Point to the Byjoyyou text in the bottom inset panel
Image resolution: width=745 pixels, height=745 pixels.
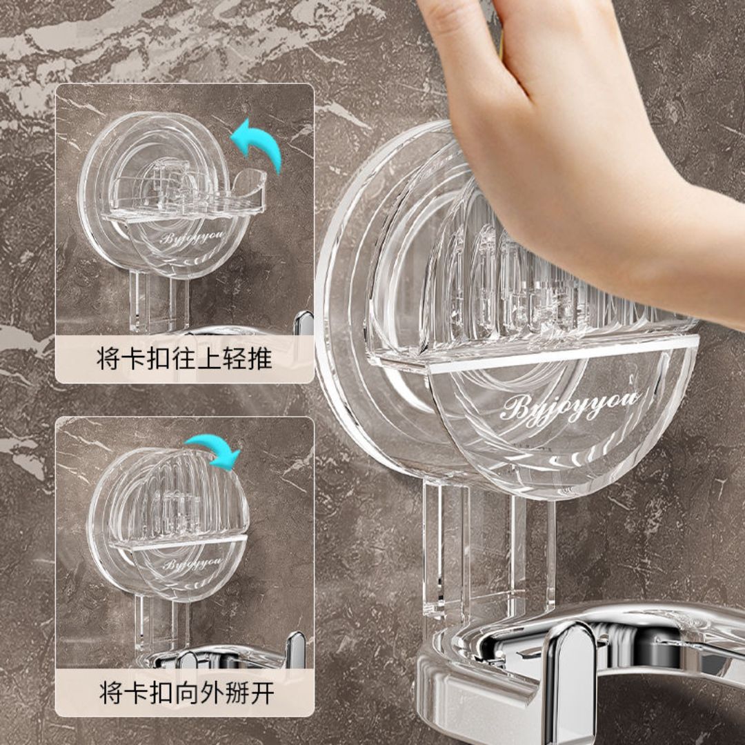point(192,564)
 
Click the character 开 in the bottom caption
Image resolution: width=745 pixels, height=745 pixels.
point(262,693)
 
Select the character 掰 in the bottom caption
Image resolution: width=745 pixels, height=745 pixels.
point(237,693)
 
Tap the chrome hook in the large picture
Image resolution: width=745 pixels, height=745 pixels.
point(570,675)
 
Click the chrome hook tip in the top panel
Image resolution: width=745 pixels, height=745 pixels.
point(304,321)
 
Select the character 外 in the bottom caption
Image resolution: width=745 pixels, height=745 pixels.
point(211,693)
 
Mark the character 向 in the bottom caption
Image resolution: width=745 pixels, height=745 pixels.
point(186,693)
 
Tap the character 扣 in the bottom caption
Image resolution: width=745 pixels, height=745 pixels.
point(160,693)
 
